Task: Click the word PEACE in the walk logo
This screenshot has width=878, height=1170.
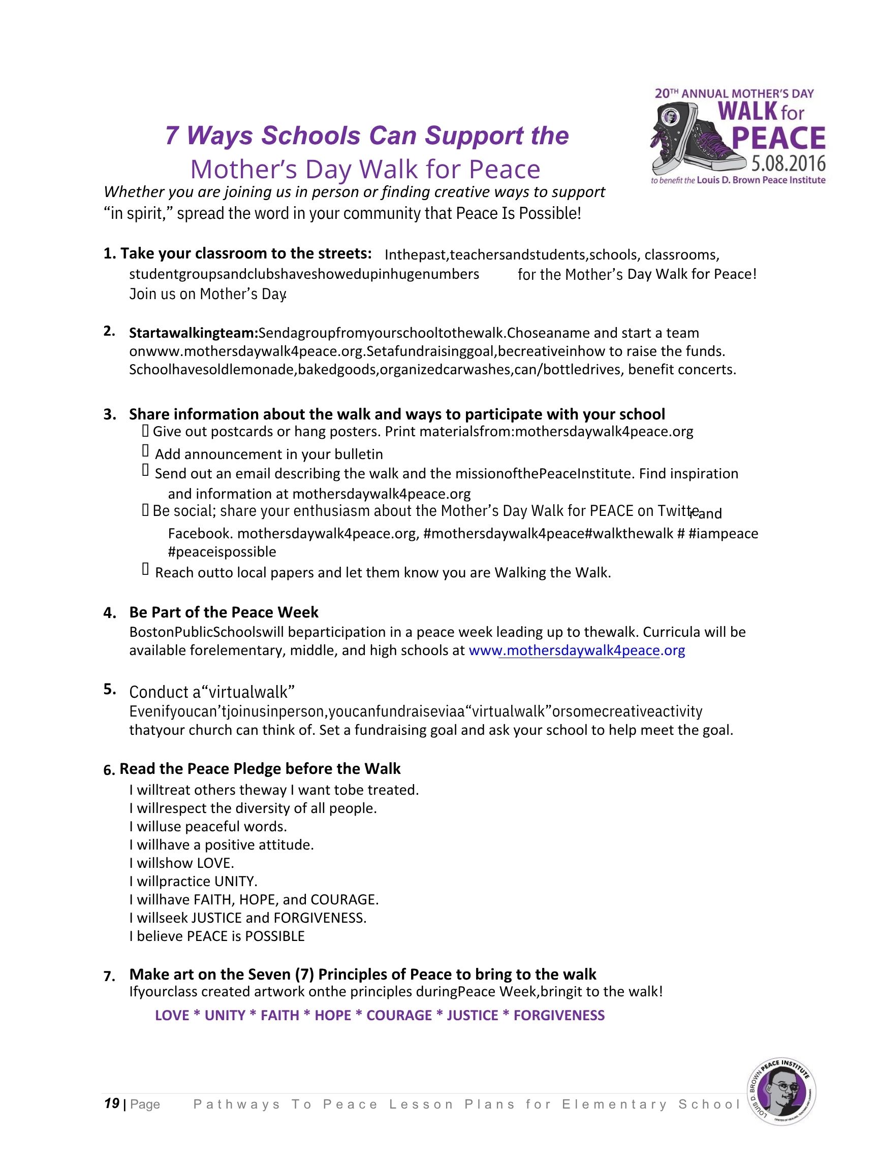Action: [x=778, y=138]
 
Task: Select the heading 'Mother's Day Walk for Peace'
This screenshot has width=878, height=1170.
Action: [x=365, y=170]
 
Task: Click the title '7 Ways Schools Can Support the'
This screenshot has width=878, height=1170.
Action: [x=367, y=136]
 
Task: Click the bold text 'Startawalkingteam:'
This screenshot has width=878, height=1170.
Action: [x=193, y=333]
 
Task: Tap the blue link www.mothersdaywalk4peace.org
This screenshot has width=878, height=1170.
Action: [x=576, y=651]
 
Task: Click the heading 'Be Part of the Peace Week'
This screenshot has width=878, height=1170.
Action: [x=224, y=612]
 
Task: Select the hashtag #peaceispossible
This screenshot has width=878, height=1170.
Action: [x=222, y=552]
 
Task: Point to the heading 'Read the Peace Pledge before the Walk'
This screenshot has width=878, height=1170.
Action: [x=259, y=768]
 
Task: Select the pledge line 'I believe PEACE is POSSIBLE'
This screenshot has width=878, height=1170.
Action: [x=217, y=936]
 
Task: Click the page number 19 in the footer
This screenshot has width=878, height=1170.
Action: [x=111, y=1104]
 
